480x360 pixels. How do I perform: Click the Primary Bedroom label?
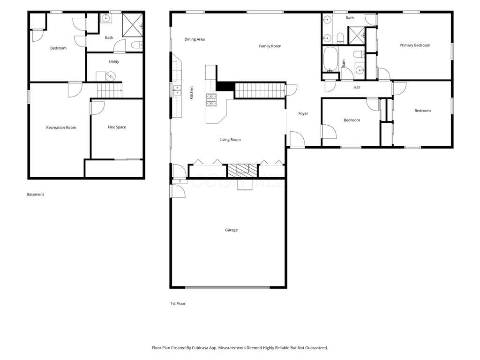[415, 45]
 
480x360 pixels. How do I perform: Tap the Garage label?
[231, 230]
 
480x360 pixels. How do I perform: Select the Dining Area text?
[195, 39]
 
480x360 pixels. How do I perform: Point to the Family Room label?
[270, 46]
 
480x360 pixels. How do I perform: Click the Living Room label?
[230, 140]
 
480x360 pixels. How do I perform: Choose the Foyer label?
[303, 113]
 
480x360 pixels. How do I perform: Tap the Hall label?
[357, 87]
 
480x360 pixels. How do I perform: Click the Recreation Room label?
[61, 127]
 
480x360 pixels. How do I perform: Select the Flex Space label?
[117, 127]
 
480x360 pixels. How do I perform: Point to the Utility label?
[114, 62]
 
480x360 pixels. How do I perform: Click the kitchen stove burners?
[211, 100]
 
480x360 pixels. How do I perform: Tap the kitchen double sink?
[177, 90]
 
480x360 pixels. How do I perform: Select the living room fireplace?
[242, 171]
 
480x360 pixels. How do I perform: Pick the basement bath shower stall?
[133, 25]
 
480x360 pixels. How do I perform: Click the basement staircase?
[110, 90]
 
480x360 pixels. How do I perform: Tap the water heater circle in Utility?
[111, 76]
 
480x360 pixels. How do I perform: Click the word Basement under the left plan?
[35, 195]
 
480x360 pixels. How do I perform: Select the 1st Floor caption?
[178, 304]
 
